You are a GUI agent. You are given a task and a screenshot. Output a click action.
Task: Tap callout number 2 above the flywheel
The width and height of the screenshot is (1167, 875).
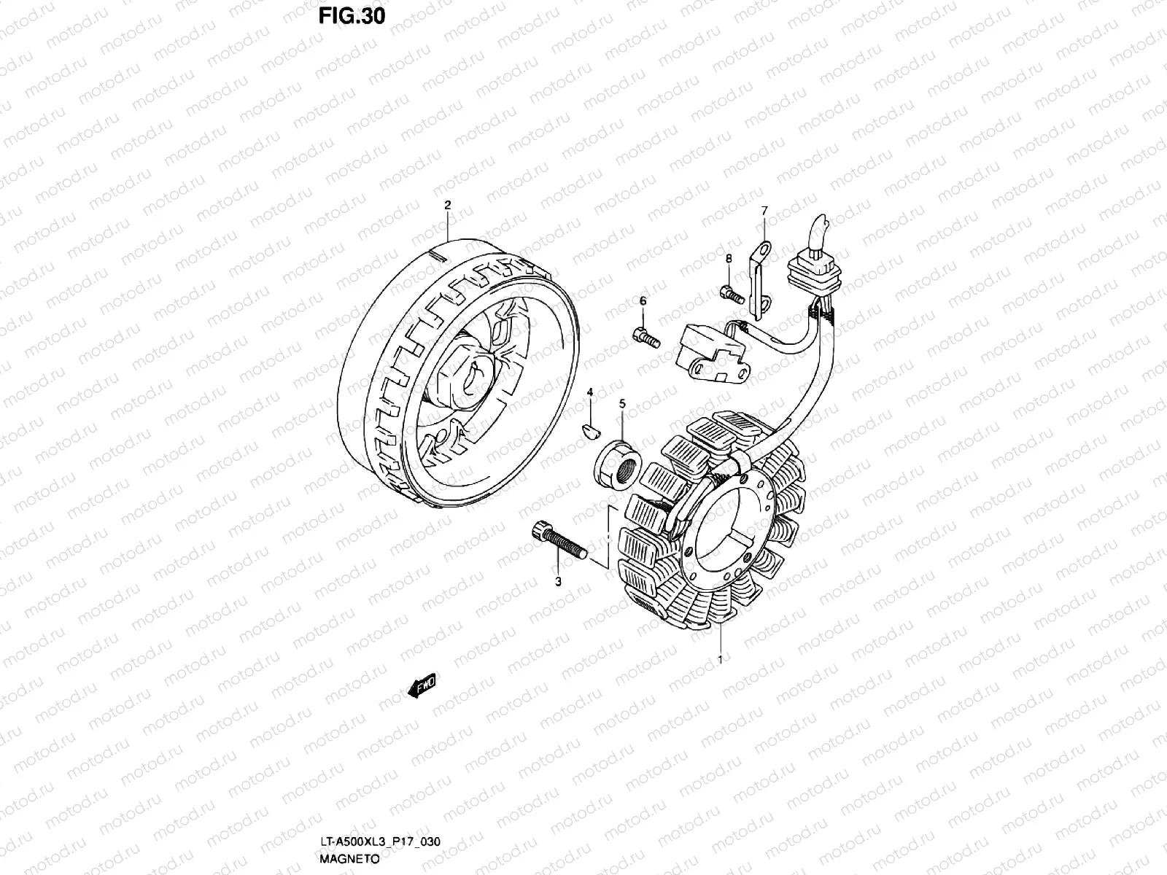click(448, 205)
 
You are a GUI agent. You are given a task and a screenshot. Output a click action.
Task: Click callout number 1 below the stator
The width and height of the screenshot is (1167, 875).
click(721, 661)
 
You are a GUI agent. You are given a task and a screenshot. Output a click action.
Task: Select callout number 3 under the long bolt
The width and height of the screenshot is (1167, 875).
click(558, 582)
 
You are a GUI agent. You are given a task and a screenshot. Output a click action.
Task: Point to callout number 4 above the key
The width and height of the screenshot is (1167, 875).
click(591, 394)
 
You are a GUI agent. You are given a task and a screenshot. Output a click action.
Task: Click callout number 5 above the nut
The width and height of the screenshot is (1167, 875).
click(622, 402)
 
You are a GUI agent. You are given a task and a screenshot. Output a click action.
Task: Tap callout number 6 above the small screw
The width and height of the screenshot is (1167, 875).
click(643, 300)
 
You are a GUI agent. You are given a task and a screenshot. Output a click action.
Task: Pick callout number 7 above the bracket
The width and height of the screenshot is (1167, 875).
click(764, 211)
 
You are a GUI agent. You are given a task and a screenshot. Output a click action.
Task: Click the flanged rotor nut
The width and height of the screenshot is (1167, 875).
click(619, 465)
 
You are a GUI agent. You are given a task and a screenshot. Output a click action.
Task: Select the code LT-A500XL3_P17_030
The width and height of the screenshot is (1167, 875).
click(379, 843)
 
